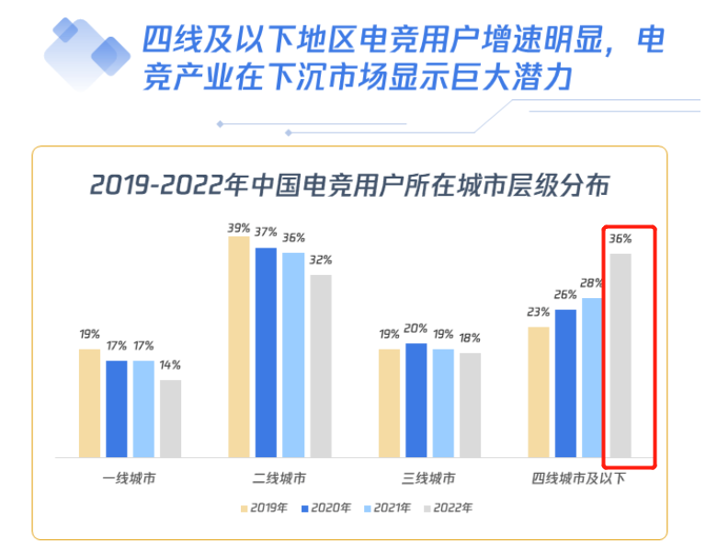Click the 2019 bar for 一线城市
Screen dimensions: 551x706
coord(89,403)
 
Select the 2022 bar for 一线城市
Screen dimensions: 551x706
coord(170,419)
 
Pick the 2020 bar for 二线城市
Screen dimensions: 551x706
coord(266,352)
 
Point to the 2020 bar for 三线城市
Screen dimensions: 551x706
coord(416,400)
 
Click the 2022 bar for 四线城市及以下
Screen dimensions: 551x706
coord(621,355)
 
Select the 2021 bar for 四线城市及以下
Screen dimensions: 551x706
coord(592,377)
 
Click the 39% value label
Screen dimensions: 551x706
coord(239,226)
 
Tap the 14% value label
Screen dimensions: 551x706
coord(170,365)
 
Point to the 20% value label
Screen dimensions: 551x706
coord(416,328)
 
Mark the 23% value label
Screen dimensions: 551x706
coord(539,312)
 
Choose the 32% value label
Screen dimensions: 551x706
coord(320,259)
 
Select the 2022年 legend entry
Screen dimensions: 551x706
coord(448,507)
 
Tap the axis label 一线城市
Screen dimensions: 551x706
coord(130,479)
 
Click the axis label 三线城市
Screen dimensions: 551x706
coord(429,479)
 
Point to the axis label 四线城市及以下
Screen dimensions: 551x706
coord(579,479)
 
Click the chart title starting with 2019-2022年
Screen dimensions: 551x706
coord(349,185)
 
